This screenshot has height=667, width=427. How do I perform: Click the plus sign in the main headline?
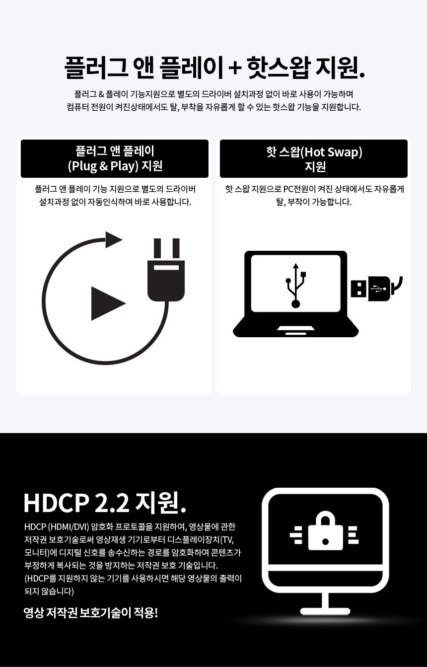235,68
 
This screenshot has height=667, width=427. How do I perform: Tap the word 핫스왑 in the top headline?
279,68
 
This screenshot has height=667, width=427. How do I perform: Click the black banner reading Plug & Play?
115,159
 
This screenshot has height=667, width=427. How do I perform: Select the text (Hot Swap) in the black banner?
331,152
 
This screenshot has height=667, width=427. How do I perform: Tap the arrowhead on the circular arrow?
114,239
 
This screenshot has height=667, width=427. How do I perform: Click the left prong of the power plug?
157,249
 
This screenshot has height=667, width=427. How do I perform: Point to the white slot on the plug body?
166,267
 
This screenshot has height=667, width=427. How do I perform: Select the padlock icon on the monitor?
325,531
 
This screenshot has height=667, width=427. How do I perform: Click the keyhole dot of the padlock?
325,542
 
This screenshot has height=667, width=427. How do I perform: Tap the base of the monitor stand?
325,611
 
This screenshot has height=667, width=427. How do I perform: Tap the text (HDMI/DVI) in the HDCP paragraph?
69,526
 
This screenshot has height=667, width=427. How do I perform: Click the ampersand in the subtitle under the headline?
101,95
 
